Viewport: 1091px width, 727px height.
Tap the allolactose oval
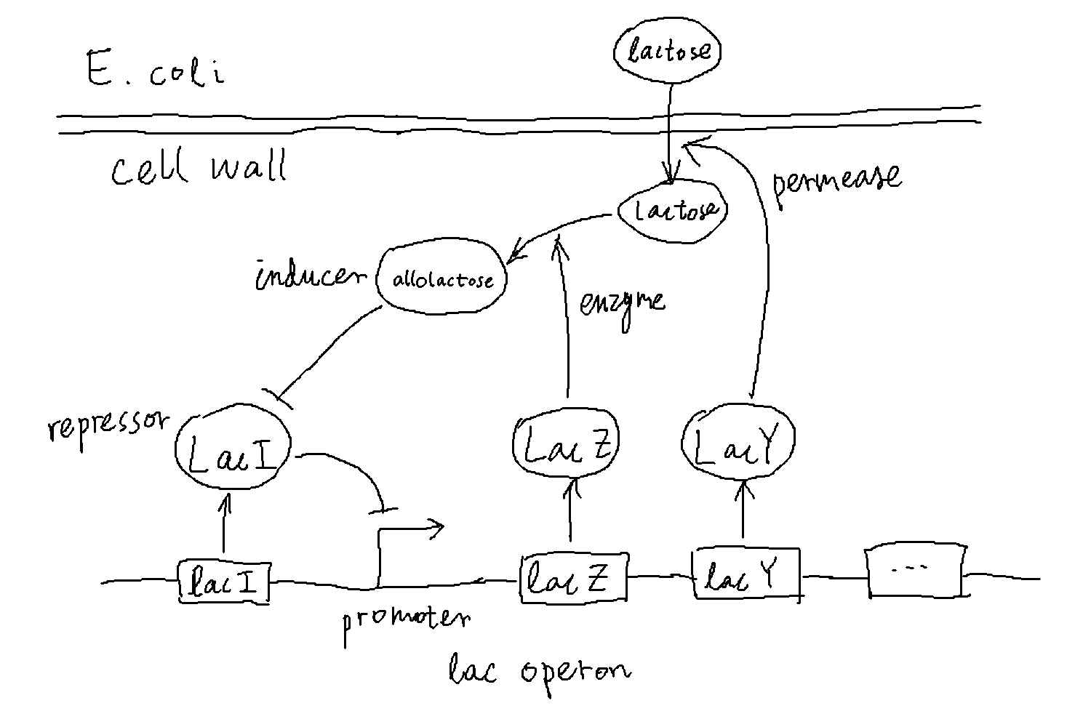(x=442, y=280)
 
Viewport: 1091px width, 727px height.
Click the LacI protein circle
(x=233, y=451)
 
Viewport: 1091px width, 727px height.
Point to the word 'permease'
(x=836, y=182)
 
